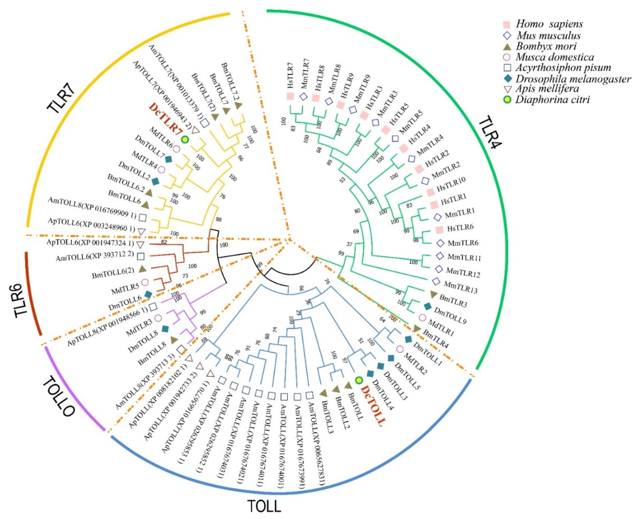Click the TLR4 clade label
coord(490,132)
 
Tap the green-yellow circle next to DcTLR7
coord(185,139)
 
